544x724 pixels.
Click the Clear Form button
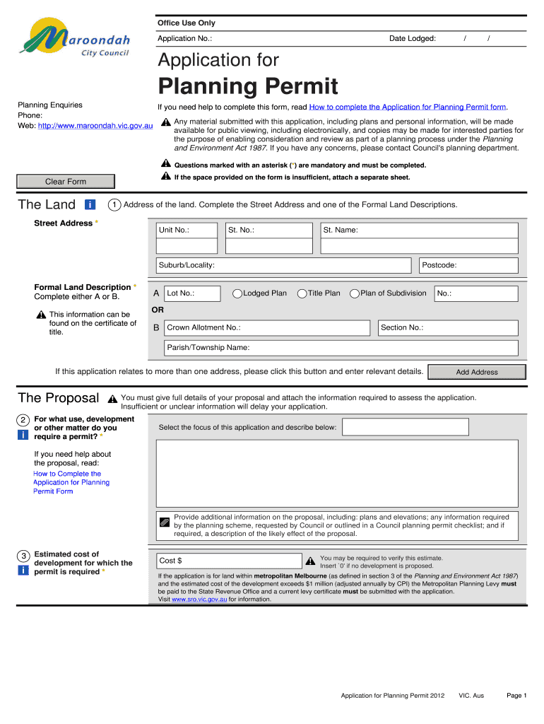(x=65, y=182)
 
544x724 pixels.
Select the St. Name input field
(x=419, y=238)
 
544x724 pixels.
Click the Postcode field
(x=468, y=265)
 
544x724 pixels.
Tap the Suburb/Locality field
(x=283, y=265)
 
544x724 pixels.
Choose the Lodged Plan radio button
(x=237, y=293)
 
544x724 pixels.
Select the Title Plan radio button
(x=302, y=293)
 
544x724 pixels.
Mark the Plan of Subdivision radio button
(x=355, y=293)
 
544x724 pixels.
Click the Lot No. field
(x=192, y=293)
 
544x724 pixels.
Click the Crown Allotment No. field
(x=266, y=328)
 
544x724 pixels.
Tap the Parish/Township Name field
(x=341, y=348)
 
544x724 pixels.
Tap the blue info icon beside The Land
(x=90, y=205)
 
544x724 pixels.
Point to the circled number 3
(x=23, y=556)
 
